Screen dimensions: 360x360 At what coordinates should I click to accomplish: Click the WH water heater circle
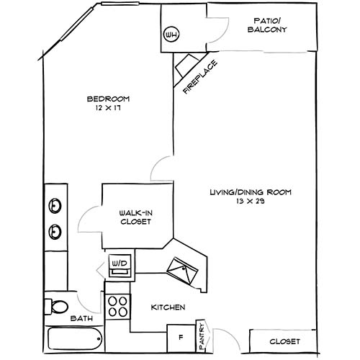171,35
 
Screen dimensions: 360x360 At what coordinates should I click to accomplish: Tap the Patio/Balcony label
271,25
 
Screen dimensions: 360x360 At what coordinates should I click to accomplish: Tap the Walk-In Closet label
135,217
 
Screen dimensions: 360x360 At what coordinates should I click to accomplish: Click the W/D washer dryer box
119,264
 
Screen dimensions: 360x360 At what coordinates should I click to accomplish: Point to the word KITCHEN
168,307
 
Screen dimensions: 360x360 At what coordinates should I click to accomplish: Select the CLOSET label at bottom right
284,341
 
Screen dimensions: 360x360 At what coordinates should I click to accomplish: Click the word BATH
80,318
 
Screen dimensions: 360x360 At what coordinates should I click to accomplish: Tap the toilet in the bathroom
56,306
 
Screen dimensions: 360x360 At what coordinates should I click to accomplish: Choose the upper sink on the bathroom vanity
55,207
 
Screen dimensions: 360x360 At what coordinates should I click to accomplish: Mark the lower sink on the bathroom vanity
55,232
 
